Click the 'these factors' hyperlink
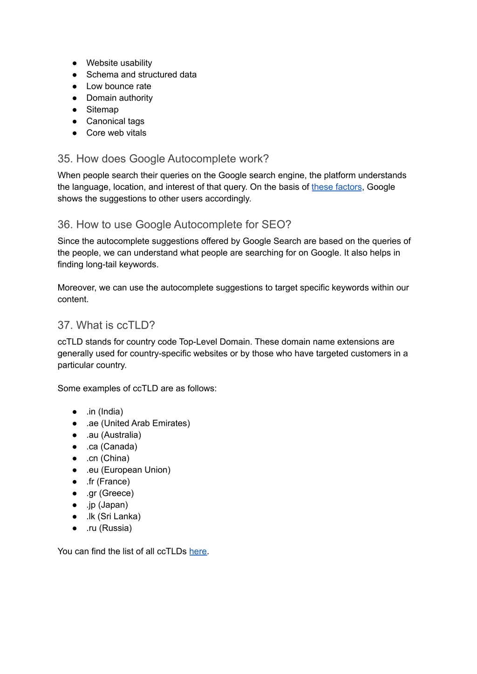coord(336,187)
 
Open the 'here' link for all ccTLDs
coord(198,551)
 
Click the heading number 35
coord(65,159)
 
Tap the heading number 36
coord(65,225)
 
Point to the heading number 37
coord(65,325)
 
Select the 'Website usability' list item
coord(119,63)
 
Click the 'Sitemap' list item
coord(102,110)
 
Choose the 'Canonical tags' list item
coord(115,121)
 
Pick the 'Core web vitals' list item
coord(116,133)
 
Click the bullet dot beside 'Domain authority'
coord(75,98)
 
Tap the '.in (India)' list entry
coord(104,412)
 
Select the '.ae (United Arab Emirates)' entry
coord(138,423)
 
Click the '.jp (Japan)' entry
coord(107,505)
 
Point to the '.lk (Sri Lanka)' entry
coord(113,516)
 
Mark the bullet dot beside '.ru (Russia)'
coord(75,528)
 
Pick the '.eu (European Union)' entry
coord(128,470)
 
